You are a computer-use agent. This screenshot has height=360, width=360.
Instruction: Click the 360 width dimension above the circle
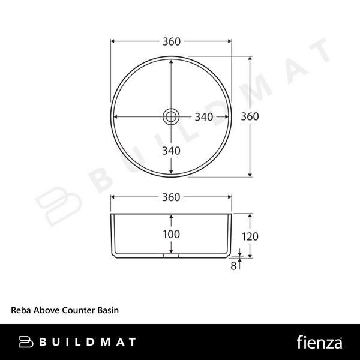point(171,41)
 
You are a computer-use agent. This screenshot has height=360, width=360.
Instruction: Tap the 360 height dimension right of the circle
point(250,116)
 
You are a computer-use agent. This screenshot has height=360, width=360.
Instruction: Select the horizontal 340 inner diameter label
point(204,117)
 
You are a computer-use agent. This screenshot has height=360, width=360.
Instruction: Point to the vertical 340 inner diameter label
point(171,151)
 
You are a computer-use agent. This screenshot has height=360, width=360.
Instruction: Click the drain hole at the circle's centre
point(171,116)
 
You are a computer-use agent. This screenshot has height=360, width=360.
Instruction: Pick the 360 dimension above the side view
point(171,197)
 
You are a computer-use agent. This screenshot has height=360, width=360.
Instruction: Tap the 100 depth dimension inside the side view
point(171,234)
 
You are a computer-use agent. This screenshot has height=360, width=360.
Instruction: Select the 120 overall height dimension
point(250,236)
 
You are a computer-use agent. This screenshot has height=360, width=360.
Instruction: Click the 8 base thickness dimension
point(233,266)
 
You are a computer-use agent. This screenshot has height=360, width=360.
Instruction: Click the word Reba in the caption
point(21,310)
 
